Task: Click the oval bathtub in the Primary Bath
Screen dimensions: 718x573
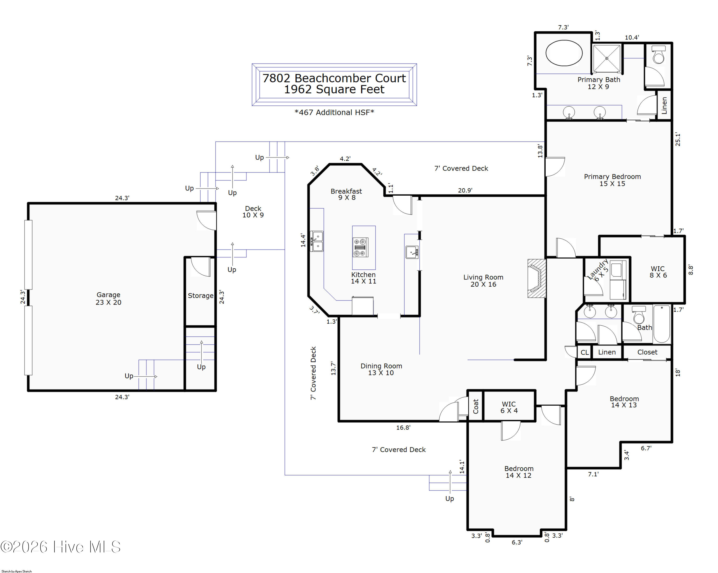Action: pyautogui.click(x=564, y=53)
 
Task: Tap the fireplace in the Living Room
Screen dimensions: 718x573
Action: pyautogui.click(x=537, y=278)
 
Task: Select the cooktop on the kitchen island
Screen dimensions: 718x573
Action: pyautogui.click(x=360, y=247)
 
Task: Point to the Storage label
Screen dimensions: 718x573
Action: pyautogui.click(x=201, y=295)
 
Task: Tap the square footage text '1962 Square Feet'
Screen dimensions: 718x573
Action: pyautogui.click(x=334, y=89)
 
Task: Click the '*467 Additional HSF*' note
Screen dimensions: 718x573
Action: pyautogui.click(x=334, y=112)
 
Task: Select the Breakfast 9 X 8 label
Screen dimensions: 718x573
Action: pyautogui.click(x=346, y=194)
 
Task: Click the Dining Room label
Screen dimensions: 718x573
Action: pyautogui.click(x=381, y=369)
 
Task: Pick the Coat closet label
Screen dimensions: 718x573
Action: pyautogui.click(x=476, y=406)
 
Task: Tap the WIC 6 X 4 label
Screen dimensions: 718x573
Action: pyautogui.click(x=509, y=407)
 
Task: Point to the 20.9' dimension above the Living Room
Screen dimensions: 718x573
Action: pyautogui.click(x=465, y=190)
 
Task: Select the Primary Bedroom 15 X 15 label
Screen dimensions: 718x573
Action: pyautogui.click(x=612, y=180)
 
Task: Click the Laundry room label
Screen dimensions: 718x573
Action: pyautogui.click(x=598, y=270)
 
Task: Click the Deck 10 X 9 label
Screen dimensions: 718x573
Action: pyautogui.click(x=253, y=211)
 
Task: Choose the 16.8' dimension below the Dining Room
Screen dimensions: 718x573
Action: pyautogui.click(x=403, y=427)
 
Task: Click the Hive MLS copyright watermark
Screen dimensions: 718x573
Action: pyautogui.click(x=61, y=547)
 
